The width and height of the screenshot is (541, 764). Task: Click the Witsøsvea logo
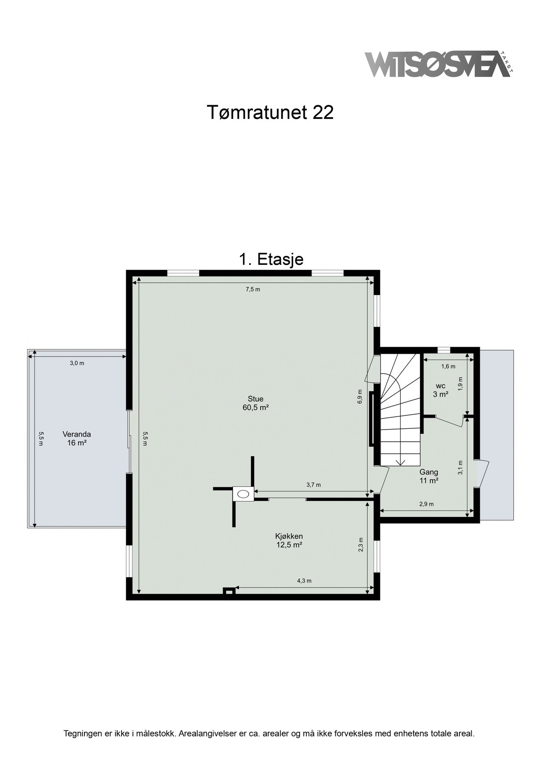point(438,65)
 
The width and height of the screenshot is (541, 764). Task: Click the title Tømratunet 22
point(270,112)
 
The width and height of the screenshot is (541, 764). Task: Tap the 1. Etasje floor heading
point(271,259)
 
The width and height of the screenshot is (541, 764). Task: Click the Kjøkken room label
point(289,540)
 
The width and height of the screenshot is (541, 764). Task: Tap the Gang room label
point(429,476)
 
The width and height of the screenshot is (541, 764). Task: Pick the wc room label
point(441,390)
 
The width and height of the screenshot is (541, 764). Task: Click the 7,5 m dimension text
point(252,289)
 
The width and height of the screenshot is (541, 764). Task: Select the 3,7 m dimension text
point(314,485)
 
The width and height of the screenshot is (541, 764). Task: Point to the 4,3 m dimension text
point(304,581)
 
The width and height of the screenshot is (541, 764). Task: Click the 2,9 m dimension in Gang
point(426,504)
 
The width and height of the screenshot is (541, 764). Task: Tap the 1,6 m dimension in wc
point(448,366)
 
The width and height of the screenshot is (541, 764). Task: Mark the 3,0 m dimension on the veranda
point(77,363)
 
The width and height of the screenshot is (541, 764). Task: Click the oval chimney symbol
point(244,494)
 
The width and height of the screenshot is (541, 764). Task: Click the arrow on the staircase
point(400,462)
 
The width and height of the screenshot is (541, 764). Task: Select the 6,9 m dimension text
point(360,396)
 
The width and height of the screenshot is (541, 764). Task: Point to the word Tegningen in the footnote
point(83,733)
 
